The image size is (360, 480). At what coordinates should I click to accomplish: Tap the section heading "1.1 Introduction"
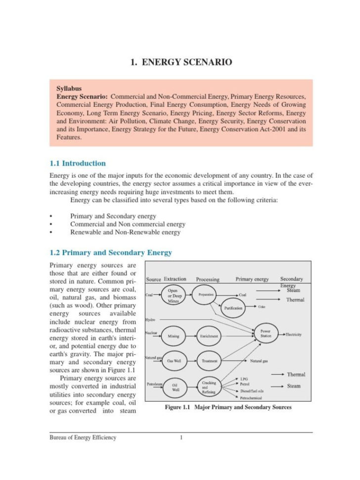pos(78,163)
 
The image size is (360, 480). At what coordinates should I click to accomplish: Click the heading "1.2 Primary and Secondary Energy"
pos(111,253)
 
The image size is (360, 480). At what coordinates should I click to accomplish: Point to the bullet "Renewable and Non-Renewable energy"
pos(125,232)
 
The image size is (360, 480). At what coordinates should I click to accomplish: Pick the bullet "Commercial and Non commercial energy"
pos(128,224)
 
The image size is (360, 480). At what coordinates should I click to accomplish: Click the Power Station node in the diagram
pos(265,334)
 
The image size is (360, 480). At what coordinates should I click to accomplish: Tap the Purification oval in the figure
pos(234,308)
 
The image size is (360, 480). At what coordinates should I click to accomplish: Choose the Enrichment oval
pos(209,336)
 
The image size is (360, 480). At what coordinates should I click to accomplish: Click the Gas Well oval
pos(174,361)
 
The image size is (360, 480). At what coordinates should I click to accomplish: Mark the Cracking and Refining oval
pos(209,386)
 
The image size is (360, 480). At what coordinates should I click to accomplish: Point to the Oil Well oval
pos(175,386)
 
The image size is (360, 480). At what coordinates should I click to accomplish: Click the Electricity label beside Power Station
pos(293,335)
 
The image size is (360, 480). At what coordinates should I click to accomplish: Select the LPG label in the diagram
pos(244,379)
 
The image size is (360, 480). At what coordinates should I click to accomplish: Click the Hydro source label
pos(150,320)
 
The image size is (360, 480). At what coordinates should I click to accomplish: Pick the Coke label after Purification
pos(262,307)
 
